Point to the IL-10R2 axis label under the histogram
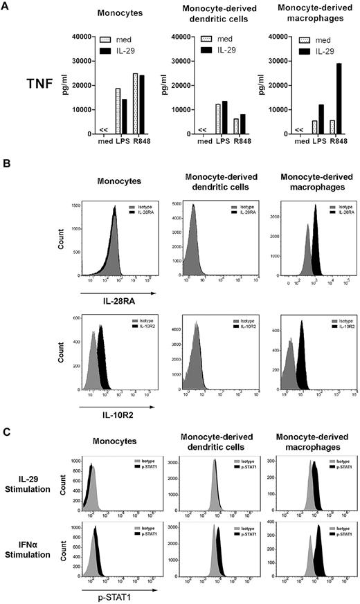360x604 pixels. point(105,419)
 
